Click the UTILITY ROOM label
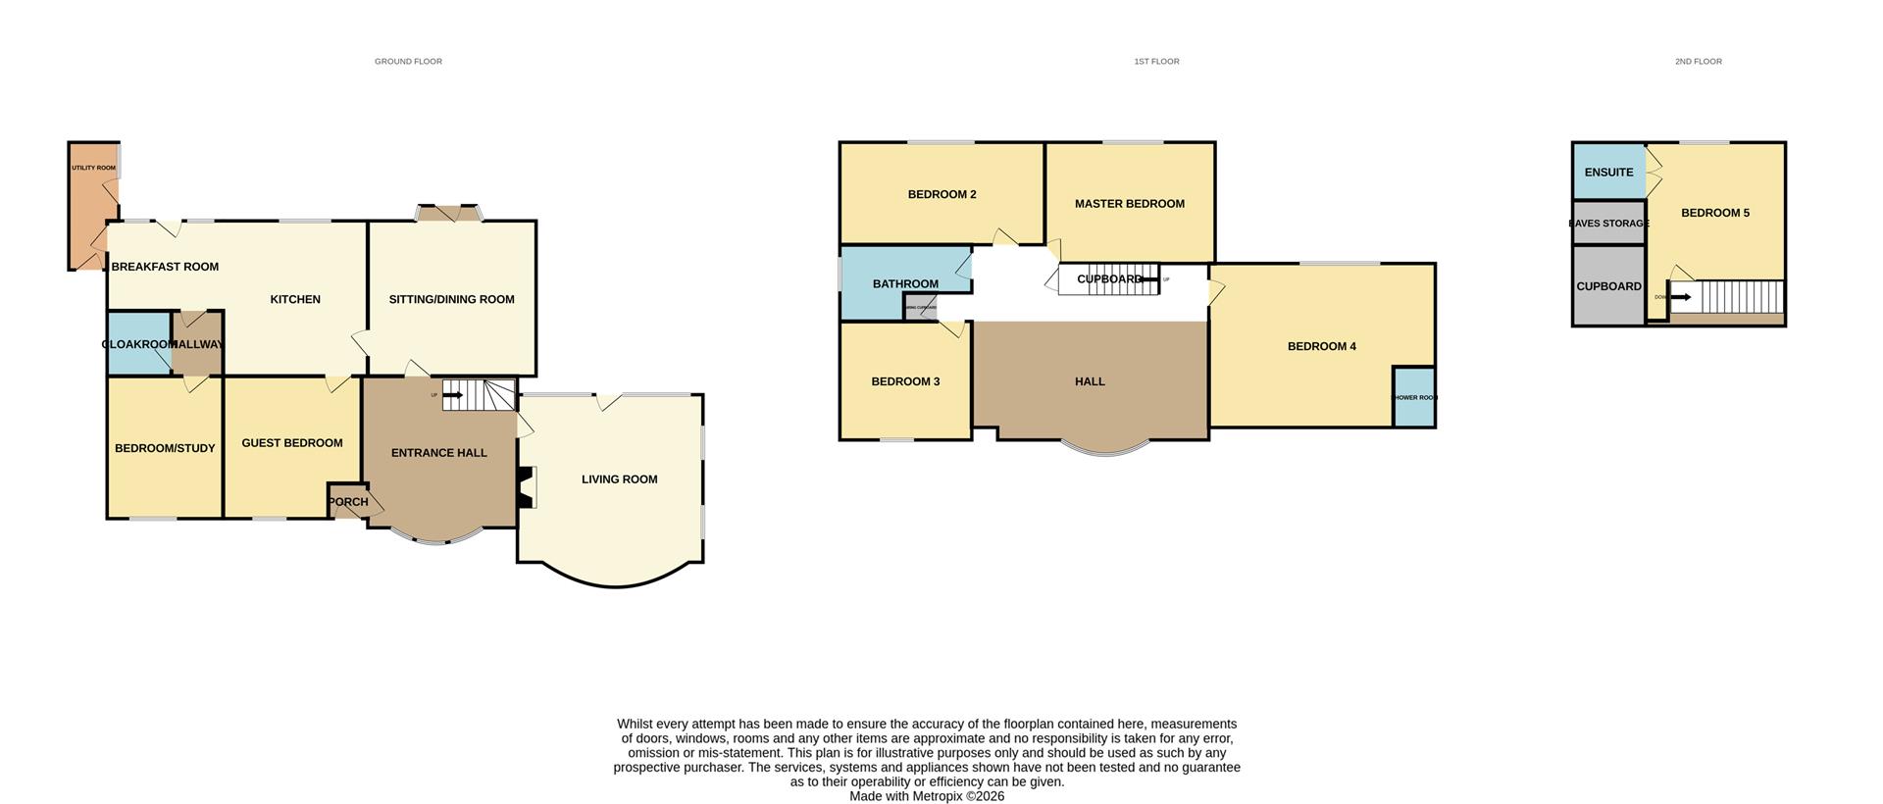pos(93,168)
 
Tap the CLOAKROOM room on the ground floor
pos(138,344)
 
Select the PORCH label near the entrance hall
pos(348,502)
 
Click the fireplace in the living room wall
pos(527,487)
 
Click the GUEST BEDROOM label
pos(292,443)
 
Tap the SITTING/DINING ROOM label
pos(451,299)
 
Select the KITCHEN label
pos(295,299)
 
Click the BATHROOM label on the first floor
pos(905,284)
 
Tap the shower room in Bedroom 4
pos(1414,397)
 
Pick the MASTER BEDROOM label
pos(1129,204)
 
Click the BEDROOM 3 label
pos(905,381)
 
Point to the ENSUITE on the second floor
pos(1608,173)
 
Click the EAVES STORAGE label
pos(1608,224)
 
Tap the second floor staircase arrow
pos(1680,297)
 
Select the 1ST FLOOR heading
pos(1156,62)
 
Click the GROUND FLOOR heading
pos(408,62)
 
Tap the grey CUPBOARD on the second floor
pos(1608,286)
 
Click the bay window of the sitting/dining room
pos(450,213)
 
